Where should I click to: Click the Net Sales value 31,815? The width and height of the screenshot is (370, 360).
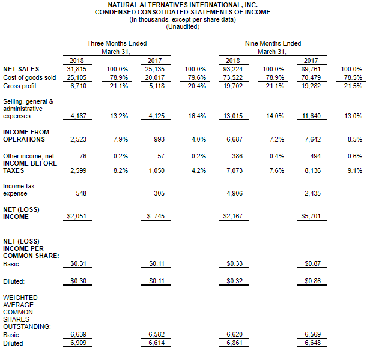77,69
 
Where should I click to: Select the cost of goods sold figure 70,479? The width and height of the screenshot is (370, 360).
311,77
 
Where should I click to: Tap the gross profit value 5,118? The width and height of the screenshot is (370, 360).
157,86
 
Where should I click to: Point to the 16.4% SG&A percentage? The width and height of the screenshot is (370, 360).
197,116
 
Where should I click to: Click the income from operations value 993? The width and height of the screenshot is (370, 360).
159,139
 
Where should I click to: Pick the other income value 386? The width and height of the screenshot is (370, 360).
237,156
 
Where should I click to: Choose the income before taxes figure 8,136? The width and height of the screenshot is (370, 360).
313,170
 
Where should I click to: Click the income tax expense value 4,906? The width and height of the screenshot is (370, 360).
234,193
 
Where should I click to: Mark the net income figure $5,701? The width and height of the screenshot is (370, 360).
311,216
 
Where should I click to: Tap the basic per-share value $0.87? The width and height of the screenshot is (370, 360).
313,263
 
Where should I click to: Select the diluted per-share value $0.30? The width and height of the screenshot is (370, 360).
78,281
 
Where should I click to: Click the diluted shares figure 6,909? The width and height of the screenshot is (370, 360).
78,343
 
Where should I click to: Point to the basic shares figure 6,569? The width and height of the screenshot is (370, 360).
313,334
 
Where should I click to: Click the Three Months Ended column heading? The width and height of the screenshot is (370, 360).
117,43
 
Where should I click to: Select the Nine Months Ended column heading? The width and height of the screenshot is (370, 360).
273,43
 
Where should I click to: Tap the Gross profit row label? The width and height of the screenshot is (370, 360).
20,86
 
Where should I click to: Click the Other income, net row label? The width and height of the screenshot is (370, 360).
29,156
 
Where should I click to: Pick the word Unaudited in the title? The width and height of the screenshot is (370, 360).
183,26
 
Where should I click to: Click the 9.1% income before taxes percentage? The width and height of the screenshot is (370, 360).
354,170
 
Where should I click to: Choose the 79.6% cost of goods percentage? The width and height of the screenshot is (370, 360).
197,77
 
